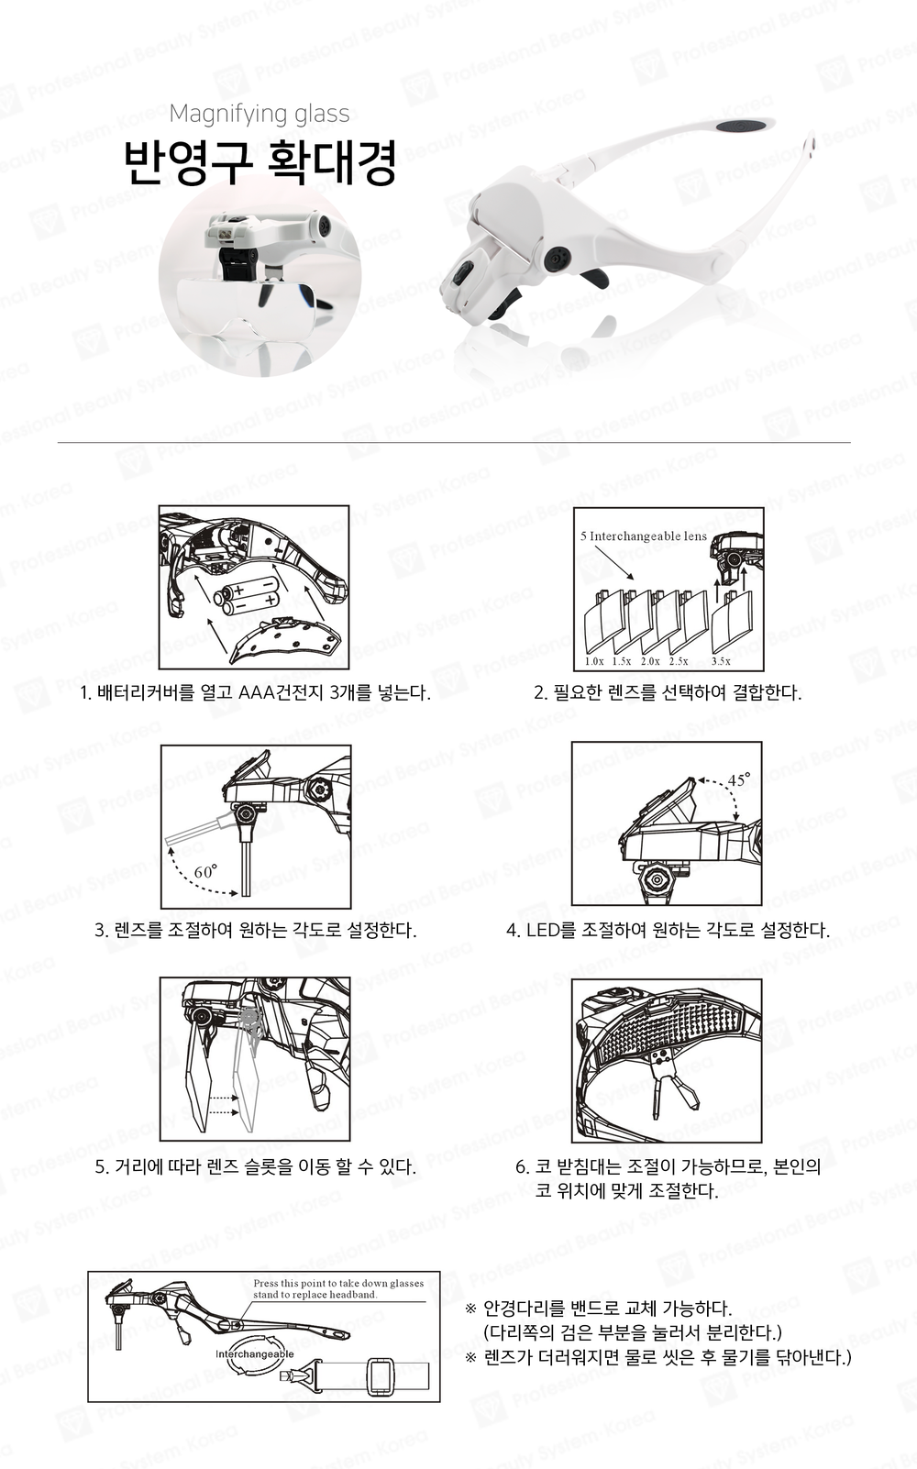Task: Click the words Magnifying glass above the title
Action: point(260,114)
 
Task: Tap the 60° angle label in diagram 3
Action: point(204,871)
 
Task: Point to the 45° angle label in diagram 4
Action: point(738,779)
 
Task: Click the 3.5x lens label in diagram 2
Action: point(721,661)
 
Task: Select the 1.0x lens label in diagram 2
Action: point(594,661)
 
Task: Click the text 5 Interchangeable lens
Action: point(644,536)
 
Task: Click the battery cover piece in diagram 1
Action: point(285,638)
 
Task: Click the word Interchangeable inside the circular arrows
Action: point(255,1353)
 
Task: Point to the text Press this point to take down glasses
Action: point(338,1283)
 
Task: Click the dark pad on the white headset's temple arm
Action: point(743,125)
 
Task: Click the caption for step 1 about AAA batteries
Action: point(255,692)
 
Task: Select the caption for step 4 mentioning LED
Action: point(668,930)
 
